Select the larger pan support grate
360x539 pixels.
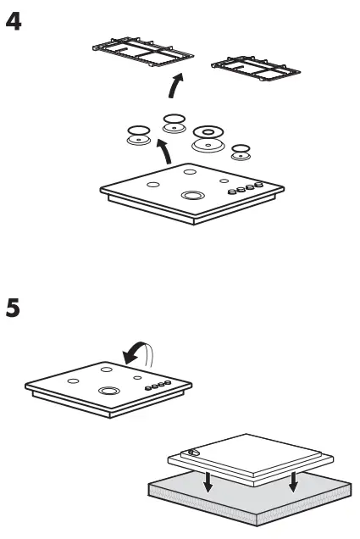tap(140, 57)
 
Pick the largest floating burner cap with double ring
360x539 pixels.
tap(208, 136)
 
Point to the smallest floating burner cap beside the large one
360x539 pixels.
tap(241, 152)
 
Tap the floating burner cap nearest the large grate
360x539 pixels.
tap(174, 121)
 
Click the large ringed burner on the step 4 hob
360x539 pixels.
tap(191, 196)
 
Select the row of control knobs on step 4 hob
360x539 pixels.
tap(244, 191)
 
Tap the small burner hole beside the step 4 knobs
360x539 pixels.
tap(224, 181)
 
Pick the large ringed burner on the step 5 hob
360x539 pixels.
tap(108, 392)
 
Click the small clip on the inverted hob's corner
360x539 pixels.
tap(195, 453)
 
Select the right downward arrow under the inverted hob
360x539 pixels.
tap(292, 484)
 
